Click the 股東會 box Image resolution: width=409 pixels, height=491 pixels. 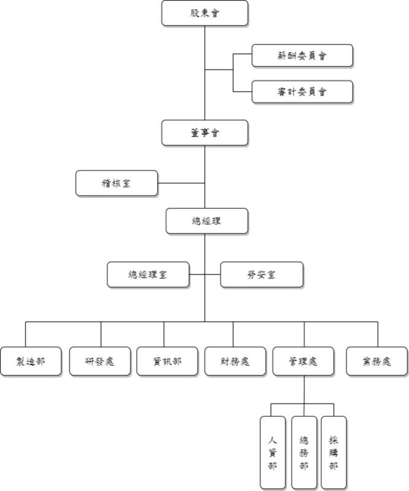(205, 12)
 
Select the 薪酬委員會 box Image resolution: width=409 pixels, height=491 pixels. (302, 55)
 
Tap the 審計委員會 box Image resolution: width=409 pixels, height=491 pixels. (302, 91)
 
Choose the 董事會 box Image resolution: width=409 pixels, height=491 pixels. (205, 132)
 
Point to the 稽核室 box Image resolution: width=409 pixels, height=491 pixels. (116, 183)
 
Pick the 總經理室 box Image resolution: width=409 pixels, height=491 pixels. (148, 274)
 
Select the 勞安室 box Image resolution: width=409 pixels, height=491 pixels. (262, 274)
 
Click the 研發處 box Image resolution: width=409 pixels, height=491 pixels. (101, 361)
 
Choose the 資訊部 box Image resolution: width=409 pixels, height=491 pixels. (167, 361)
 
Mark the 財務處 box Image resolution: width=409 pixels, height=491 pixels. (235, 361)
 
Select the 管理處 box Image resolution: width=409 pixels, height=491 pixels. (303, 361)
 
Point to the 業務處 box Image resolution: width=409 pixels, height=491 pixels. (377, 361)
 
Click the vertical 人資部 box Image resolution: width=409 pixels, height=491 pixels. (273, 452)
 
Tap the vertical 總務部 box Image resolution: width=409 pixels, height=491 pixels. (304, 452)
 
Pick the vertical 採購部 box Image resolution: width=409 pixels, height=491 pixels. (334, 452)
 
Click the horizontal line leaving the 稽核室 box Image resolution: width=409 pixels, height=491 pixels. (181, 183)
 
